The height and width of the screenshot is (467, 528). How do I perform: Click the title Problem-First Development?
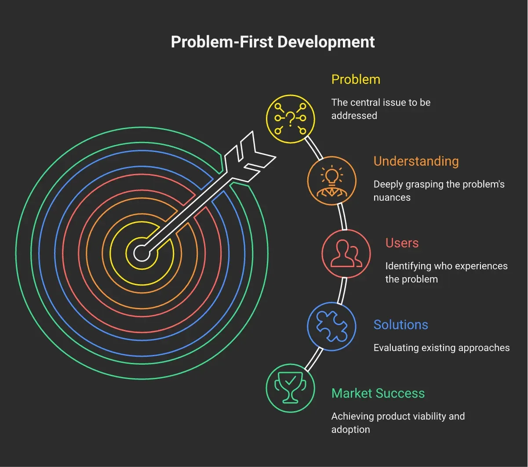[x=273, y=42]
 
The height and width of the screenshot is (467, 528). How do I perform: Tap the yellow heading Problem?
[x=356, y=80]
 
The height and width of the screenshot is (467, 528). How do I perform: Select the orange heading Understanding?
[x=416, y=162]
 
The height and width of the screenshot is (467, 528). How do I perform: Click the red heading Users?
[x=402, y=243]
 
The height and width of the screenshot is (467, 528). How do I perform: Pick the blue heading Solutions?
[x=401, y=325]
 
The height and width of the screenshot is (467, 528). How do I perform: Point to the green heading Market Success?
[x=378, y=393]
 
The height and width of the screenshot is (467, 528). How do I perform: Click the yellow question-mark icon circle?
[x=290, y=119]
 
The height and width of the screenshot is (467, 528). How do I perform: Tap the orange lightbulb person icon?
[x=331, y=181]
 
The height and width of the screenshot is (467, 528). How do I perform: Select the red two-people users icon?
[x=346, y=253]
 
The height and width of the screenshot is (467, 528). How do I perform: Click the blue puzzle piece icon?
[x=331, y=326]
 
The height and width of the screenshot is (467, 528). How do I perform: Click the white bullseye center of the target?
[x=142, y=253]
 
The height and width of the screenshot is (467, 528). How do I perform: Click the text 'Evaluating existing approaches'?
[x=441, y=348]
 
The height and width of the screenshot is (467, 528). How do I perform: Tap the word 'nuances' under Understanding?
[x=392, y=198]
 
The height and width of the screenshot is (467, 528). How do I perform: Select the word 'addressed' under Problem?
[x=354, y=116]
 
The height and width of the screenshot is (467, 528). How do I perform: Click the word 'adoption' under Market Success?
[x=350, y=430]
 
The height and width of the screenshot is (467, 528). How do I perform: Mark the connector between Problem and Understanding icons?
[x=314, y=148]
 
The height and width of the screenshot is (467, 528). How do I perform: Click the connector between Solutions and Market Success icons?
[x=314, y=359]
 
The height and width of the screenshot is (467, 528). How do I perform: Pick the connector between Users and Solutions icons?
[x=342, y=291]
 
